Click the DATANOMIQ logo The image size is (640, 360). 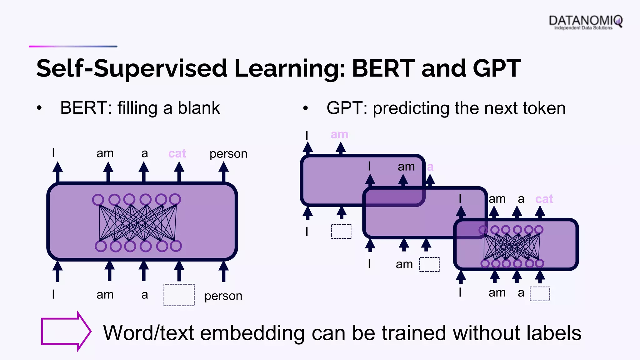(585, 22)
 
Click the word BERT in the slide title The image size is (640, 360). (383, 68)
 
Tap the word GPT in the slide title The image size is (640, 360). (497, 68)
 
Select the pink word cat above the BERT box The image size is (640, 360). (177, 153)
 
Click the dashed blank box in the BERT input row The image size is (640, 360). (179, 295)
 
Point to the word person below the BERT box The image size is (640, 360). (223, 296)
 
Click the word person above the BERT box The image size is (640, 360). (228, 153)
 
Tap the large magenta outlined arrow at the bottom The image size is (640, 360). (66, 331)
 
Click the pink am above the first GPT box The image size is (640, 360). (339, 134)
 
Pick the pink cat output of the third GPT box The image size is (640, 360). (544, 199)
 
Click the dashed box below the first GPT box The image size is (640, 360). (341, 232)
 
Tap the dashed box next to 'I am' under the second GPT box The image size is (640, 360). (429, 264)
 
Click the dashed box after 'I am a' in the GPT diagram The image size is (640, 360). (540, 294)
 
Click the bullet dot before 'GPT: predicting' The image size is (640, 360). (305, 108)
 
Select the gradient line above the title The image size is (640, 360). (73, 47)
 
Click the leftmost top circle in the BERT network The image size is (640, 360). (98, 199)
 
